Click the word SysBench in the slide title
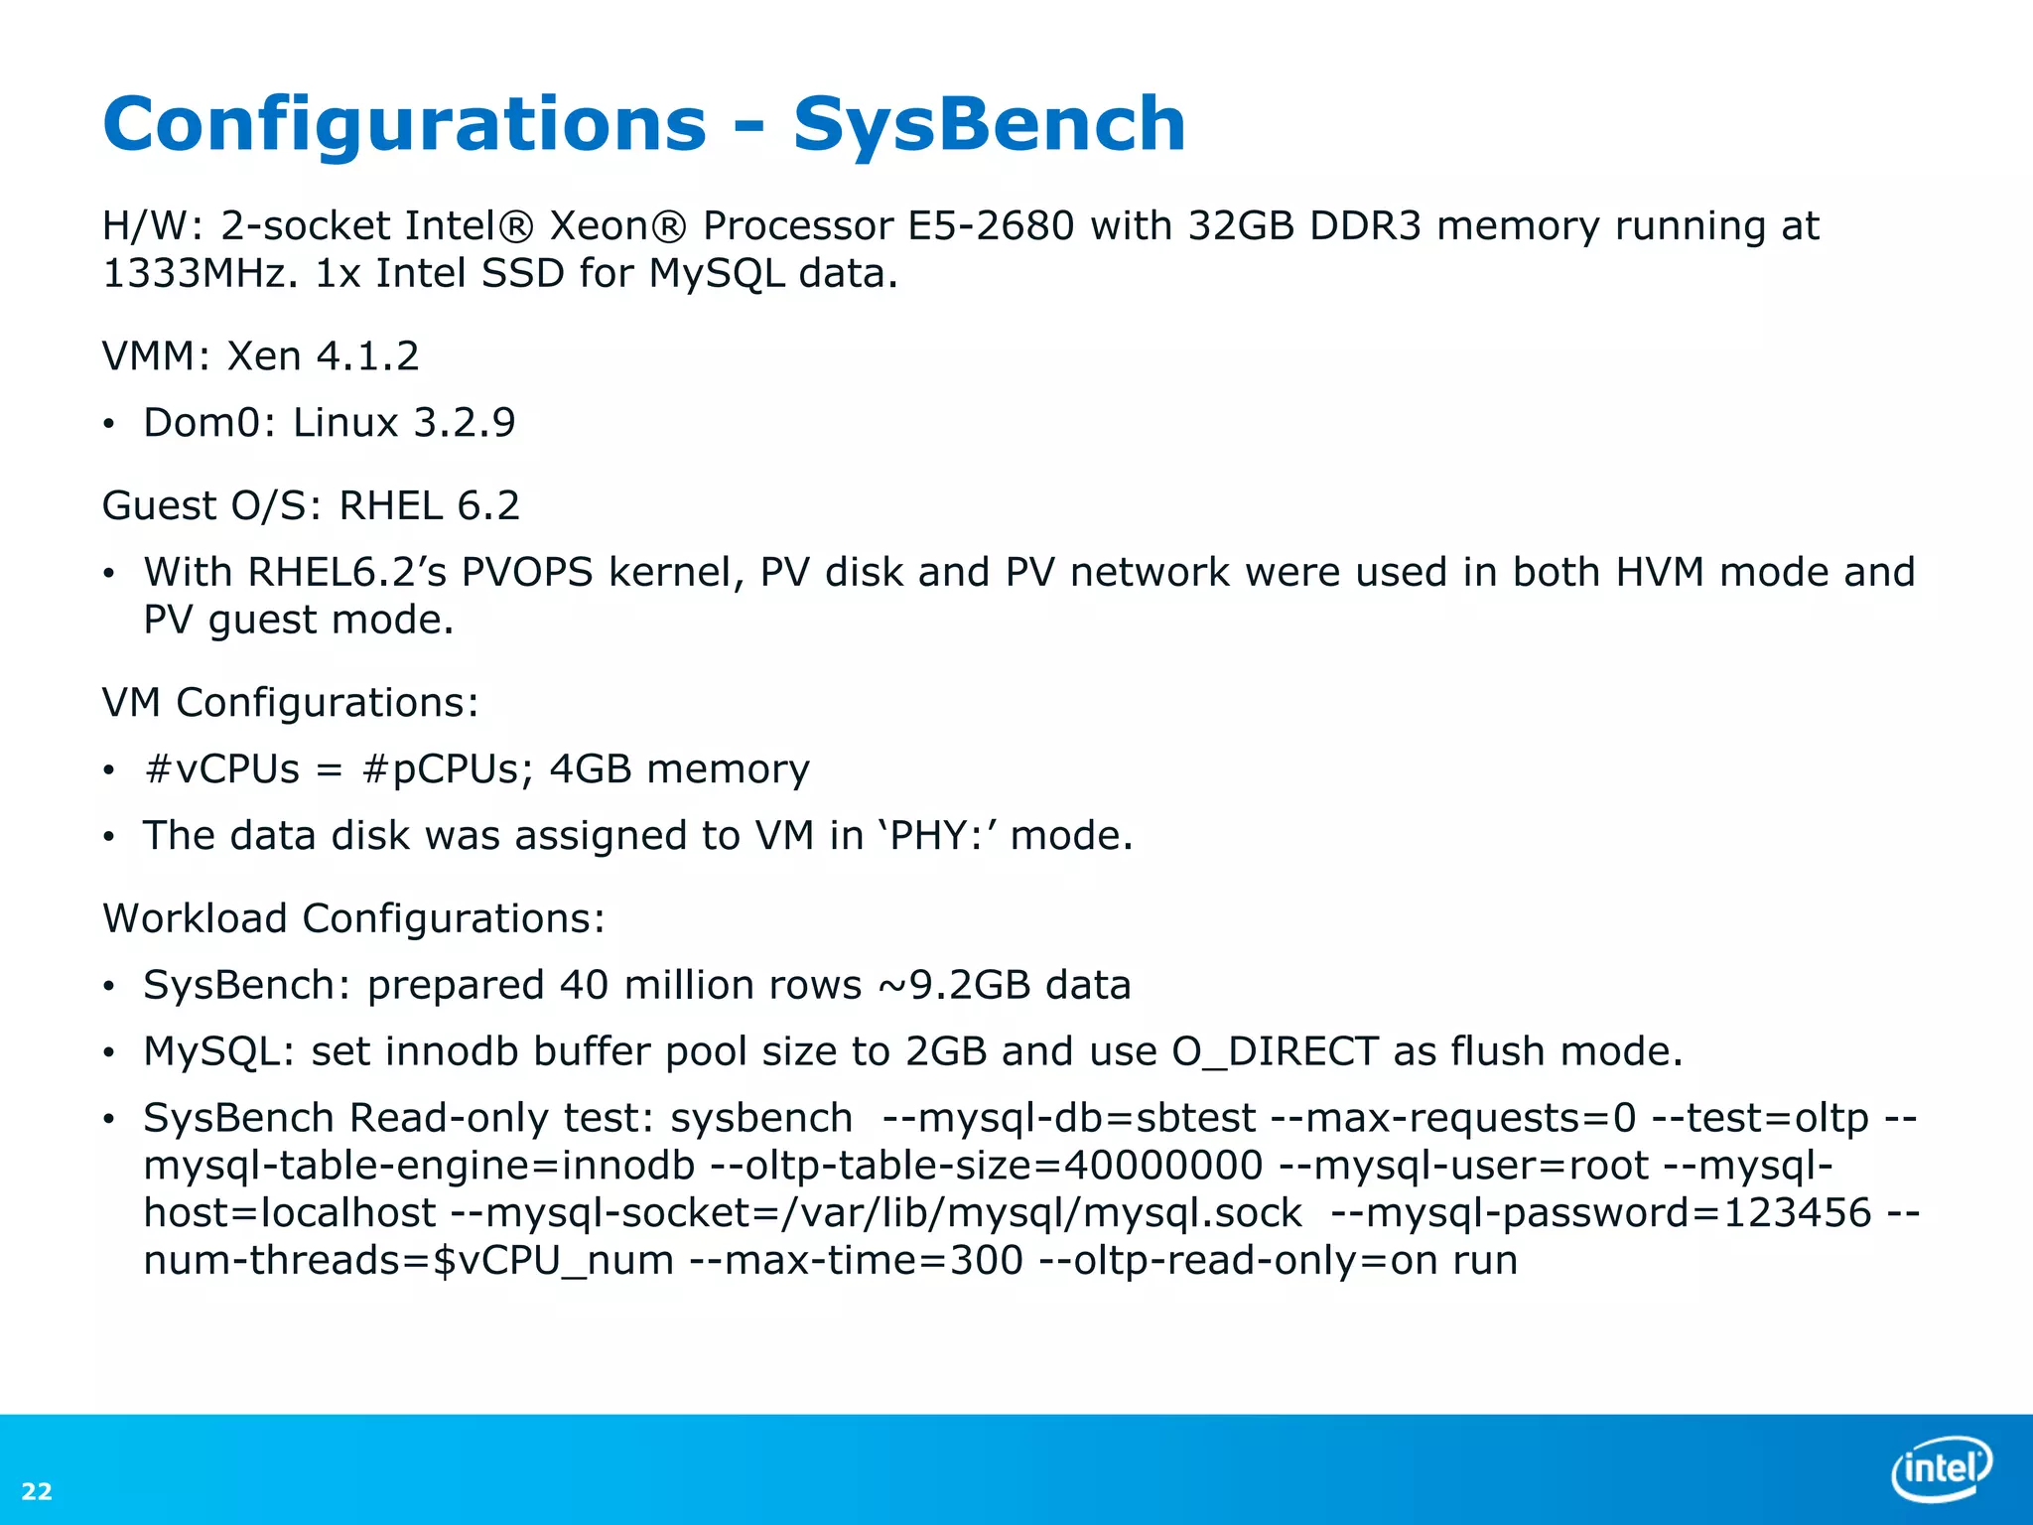(989, 124)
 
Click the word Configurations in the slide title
(404, 124)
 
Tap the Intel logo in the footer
(1941, 1467)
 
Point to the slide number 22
(37, 1491)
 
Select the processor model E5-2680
(991, 226)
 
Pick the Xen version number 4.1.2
(367, 356)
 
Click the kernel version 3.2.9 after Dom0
(465, 423)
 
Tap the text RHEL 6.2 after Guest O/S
(429, 506)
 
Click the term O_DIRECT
(1275, 1052)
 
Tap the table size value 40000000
(1163, 1166)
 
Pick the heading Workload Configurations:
(353, 919)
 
